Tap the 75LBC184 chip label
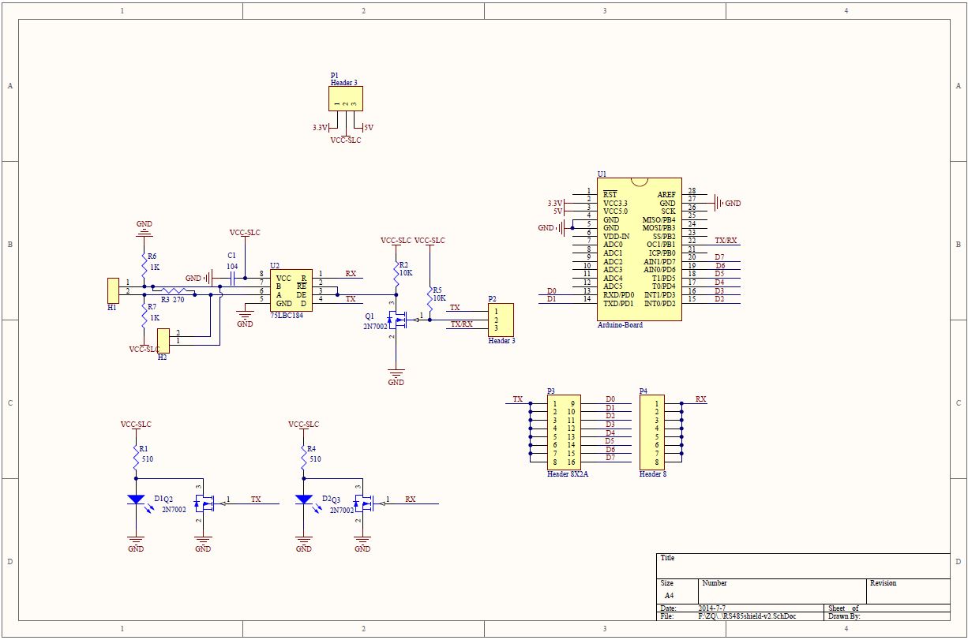coord(287,314)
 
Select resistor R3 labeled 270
coord(174,290)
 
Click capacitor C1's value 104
coord(232,267)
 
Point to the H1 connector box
coord(113,289)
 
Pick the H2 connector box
coord(163,341)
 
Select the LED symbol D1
coord(136,500)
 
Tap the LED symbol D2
coord(304,500)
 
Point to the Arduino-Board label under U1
coord(620,325)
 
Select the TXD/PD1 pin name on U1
coord(617,304)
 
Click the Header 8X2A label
coord(567,474)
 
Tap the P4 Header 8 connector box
coord(651,432)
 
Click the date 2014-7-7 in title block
coord(712,608)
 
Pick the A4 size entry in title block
coord(669,595)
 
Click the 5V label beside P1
coord(368,127)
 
